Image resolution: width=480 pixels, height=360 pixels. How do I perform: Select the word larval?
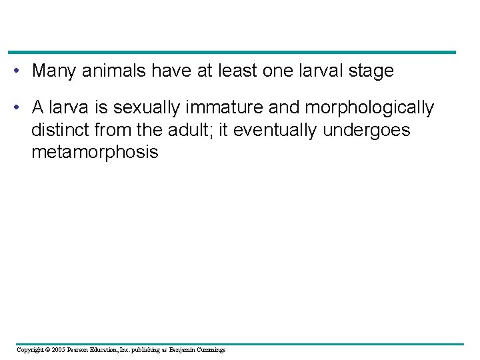[x=315, y=71]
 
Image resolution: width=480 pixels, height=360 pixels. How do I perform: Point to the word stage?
[x=370, y=71]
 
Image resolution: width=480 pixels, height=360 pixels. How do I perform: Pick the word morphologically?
[x=369, y=108]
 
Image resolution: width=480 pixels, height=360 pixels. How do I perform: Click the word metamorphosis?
[x=95, y=153]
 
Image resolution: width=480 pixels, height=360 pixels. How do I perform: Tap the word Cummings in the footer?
[x=210, y=350]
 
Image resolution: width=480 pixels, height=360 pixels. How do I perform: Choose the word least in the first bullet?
[x=244, y=71]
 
